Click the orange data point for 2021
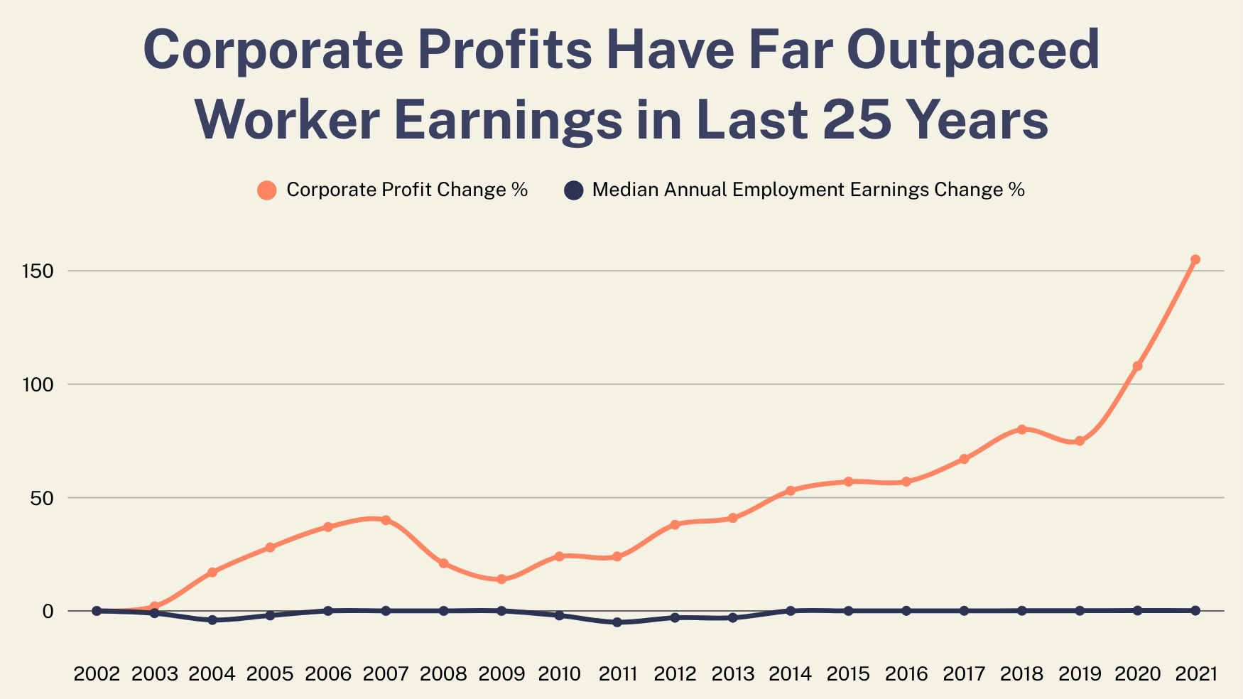tap(1195, 260)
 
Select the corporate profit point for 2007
tap(386, 520)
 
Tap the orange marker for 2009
tap(501, 579)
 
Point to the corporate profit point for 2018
tap(1021, 429)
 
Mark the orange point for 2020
tap(1137, 366)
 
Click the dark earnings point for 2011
tap(617, 622)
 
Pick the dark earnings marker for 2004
tap(212, 620)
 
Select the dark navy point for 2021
tap(1195, 611)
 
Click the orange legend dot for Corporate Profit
tap(267, 190)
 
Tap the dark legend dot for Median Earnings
tap(573, 190)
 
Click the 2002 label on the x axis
tap(97, 673)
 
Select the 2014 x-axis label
tap(791, 673)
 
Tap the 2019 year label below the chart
tap(1080, 673)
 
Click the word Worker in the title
tap(288, 119)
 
